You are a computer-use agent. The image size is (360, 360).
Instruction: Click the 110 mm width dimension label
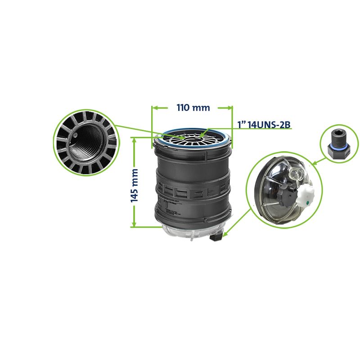[193, 108]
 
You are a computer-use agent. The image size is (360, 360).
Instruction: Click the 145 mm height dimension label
[135, 185]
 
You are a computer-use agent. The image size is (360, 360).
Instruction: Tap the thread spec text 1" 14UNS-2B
[264, 125]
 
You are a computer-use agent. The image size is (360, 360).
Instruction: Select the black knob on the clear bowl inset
[284, 194]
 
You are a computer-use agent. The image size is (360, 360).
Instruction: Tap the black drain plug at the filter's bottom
[216, 238]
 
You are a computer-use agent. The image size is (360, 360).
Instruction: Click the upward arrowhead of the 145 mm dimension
[134, 140]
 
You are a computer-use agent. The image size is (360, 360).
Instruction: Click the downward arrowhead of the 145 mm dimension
[134, 224]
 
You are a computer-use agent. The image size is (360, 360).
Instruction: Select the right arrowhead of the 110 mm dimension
[229, 108]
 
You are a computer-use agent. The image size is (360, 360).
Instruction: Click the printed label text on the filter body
[171, 207]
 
